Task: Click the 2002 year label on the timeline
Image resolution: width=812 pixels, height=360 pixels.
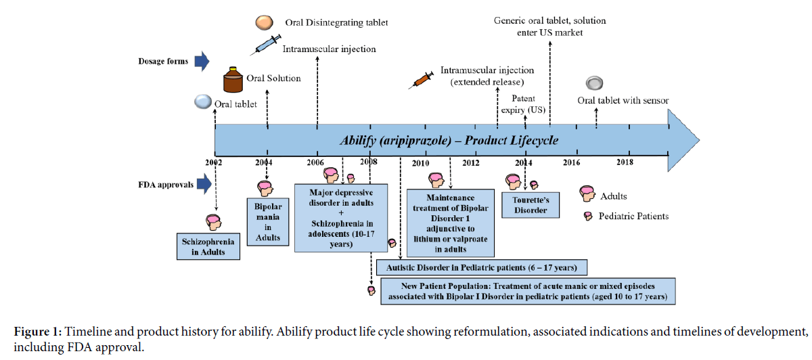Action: point(214,162)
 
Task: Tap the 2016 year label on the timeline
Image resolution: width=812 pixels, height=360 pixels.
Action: point(572,162)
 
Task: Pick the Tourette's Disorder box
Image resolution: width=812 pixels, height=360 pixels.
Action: point(531,204)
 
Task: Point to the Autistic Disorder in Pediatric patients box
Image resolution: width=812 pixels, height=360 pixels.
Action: point(481,267)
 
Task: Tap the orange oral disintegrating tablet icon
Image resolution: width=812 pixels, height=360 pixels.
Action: point(264,23)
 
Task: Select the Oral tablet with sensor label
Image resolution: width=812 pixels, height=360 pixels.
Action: point(623,101)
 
